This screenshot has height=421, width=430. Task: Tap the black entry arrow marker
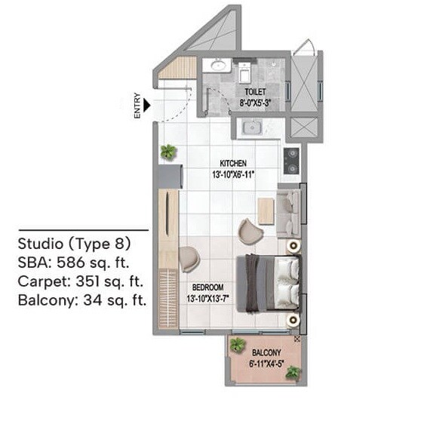[149, 107]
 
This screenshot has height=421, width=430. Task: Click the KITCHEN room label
[234, 163]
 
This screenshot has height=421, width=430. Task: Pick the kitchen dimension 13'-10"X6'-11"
[234, 174]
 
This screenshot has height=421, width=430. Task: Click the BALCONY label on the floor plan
[267, 352]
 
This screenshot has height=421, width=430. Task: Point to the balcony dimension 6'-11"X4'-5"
[267, 363]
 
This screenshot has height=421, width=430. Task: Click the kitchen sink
[250, 128]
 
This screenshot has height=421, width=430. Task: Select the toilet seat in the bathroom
[244, 73]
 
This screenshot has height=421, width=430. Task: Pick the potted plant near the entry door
[167, 152]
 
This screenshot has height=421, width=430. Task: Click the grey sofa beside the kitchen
[290, 211]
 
